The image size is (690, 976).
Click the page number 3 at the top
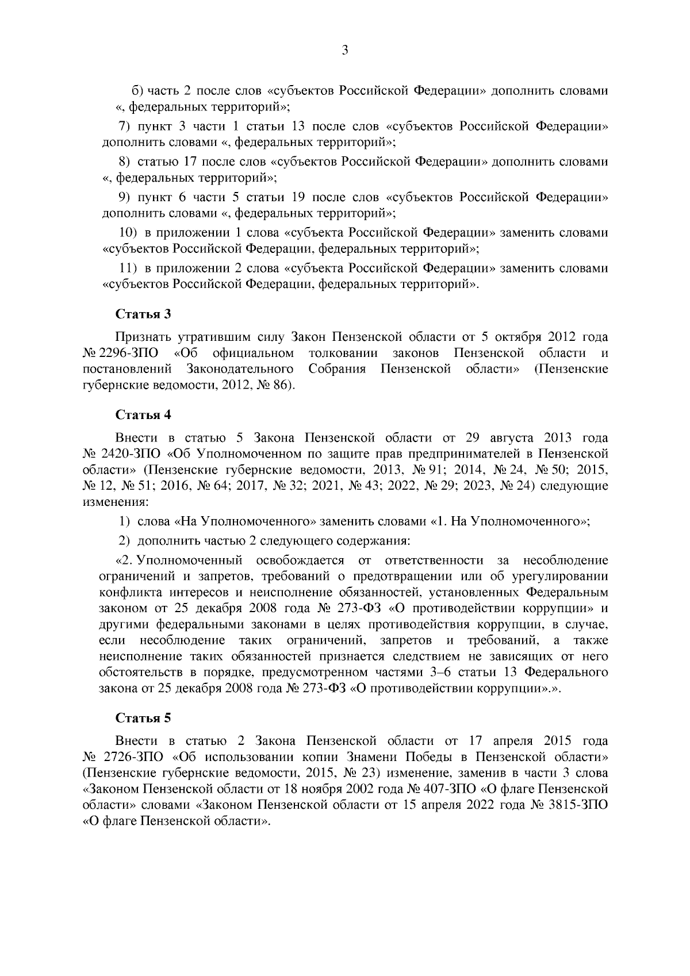(345, 51)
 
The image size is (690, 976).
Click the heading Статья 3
(143, 314)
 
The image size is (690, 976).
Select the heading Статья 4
(143, 414)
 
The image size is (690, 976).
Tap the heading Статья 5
(143, 718)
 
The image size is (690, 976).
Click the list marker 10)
(126, 233)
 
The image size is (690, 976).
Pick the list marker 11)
(126, 268)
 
